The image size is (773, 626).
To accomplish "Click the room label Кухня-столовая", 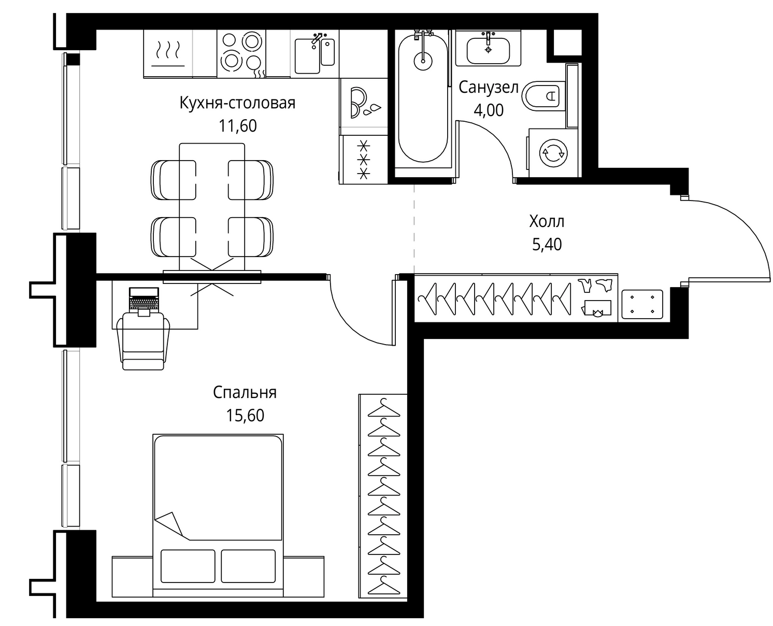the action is point(237,103).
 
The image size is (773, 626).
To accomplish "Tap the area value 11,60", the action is point(237,126).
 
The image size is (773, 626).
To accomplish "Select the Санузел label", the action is point(489,88).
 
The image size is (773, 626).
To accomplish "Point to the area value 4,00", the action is point(489,110).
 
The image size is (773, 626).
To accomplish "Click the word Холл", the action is point(547,221).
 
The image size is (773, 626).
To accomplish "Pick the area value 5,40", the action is point(547,245).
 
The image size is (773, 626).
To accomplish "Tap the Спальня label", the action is point(245,393).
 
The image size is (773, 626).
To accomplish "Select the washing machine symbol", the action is point(553,153).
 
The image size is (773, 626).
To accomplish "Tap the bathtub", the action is point(423,98).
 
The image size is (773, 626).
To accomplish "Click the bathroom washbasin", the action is point(488,50).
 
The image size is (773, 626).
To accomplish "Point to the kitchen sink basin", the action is point(307,56).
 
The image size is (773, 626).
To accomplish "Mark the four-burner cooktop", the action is point(241,53).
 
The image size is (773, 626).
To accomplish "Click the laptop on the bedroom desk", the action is point(144,300).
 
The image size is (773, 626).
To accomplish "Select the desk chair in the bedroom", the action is point(144,341).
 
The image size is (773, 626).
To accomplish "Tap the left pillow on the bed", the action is point(188,566).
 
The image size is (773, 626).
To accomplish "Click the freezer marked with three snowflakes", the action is point(364,160).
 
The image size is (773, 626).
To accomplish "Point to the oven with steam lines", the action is point(168,53).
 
